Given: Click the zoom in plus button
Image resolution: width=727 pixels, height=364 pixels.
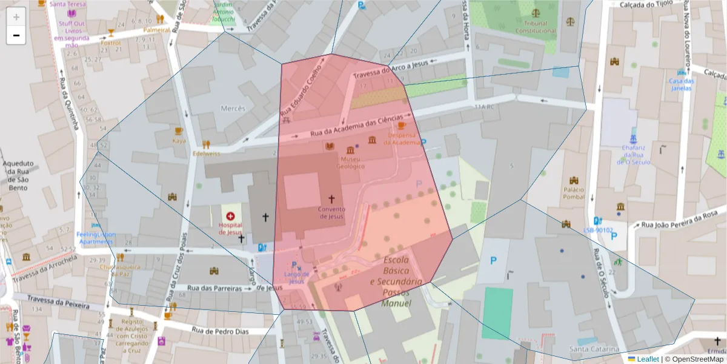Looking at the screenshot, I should tap(16, 16).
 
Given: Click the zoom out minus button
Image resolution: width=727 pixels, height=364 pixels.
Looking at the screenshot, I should tap(16, 35).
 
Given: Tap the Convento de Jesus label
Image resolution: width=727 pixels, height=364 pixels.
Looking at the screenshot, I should tap(331, 212).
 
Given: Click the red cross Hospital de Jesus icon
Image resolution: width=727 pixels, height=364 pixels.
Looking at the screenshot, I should tap(230, 216).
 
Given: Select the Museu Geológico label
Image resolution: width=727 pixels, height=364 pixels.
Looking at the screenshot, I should tap(351, 162).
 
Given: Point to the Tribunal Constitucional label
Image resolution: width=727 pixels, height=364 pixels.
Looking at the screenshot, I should tap(535, 27).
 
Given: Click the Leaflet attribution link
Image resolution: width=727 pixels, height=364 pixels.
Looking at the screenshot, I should tap(648, 359).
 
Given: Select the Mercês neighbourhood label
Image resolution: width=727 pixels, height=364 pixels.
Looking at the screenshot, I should tap(233, 109).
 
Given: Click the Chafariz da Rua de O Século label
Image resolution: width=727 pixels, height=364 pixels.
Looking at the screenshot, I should tap(633, 155).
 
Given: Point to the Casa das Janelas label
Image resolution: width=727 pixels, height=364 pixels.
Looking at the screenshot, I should tap(681, 84).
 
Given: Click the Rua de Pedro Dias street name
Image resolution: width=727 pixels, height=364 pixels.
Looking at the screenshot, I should tap(220, 331).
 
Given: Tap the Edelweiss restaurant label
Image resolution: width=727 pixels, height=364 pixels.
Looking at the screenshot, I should tap(206, 153).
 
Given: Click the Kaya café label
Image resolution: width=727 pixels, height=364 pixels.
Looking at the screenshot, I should tap(179, 141).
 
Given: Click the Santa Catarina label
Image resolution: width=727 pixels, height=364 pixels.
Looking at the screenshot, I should tap(594, 349).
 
